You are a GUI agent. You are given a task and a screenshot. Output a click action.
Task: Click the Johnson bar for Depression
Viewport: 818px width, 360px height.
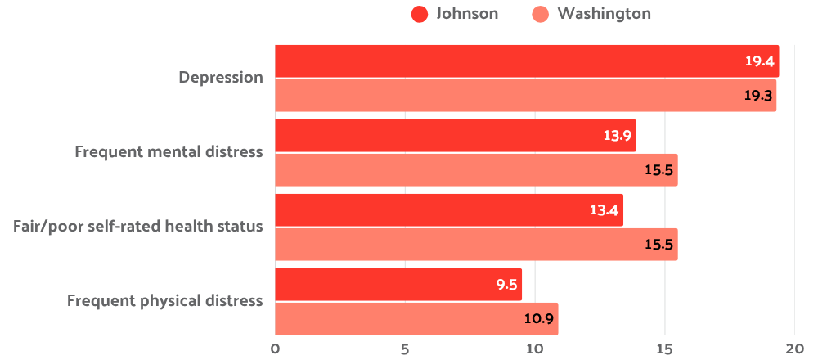524,61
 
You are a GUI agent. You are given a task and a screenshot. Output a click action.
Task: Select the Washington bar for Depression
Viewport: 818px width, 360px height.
524,96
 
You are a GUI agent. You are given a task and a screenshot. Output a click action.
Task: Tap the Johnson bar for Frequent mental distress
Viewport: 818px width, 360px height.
454,136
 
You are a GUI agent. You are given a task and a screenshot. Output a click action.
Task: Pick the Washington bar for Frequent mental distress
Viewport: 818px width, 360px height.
474,170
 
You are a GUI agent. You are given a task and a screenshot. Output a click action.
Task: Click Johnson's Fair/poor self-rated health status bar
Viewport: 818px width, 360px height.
448,210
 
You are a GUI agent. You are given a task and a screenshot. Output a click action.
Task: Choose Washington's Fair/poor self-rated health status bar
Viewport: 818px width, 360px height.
474,245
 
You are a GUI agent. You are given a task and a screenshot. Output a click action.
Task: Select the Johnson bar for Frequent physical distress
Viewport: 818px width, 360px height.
398,285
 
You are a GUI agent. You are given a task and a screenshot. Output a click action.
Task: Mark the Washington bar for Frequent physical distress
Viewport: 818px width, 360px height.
416,319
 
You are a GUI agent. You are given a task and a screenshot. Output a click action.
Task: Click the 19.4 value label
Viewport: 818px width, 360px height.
758,61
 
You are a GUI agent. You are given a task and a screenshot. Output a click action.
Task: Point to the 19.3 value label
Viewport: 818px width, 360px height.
757,96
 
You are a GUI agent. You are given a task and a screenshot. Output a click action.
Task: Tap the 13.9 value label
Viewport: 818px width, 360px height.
617,136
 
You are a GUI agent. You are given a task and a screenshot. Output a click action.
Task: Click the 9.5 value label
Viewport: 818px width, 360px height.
506,285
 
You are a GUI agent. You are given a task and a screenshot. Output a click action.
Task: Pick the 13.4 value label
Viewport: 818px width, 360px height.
604,210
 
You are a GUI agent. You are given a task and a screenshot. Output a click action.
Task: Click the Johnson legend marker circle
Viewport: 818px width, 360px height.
420,14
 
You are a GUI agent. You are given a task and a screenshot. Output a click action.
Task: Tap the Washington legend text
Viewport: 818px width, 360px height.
604,14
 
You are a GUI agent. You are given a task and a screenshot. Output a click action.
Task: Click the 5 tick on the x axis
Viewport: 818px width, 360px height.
405,348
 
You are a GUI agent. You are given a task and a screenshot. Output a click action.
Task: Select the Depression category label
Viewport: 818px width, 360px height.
221,79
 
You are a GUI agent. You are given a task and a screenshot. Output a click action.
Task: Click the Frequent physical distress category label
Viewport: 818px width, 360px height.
164,301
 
